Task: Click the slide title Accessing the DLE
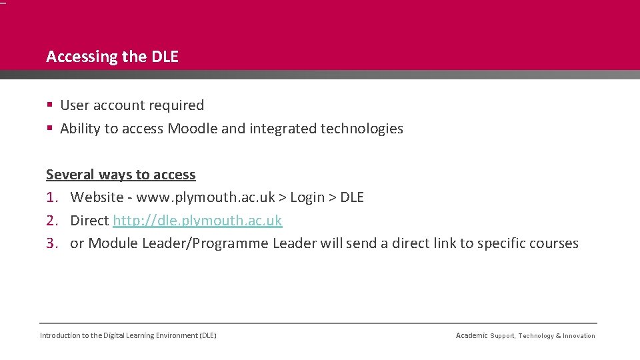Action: pos(112,57)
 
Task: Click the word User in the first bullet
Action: pos(75,105)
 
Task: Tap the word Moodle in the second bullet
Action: pos(192,129)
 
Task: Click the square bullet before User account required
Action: pos(50,105)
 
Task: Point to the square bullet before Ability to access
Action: pos(50,129)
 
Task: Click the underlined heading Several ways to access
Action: pos(121,175)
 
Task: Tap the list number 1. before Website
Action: pos(53,197)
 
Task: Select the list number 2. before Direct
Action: pos(53,221)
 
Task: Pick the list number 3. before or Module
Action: pos(53,243)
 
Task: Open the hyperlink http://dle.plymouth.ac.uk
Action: pos(197,221)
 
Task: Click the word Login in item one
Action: pos(307,197)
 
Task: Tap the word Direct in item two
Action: pos(89,221)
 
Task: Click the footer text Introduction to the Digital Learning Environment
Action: pos(128,335)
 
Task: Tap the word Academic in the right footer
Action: pos(471,335)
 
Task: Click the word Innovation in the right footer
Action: pos(579,336)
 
